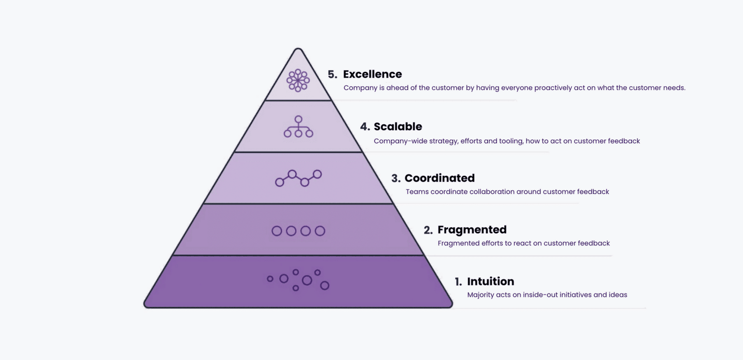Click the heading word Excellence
372,74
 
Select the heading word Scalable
398,126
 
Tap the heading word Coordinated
439,178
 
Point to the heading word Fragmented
472,230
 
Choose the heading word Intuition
490,281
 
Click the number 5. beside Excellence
332,74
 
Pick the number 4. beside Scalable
365,126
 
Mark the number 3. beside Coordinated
396,178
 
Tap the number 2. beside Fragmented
428,230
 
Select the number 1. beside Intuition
458,282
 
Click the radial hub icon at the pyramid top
298,80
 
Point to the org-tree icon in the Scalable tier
298,127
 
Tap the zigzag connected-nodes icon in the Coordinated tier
298,178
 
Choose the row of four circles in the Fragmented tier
298,231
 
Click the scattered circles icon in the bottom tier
298,280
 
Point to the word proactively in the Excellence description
553,88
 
